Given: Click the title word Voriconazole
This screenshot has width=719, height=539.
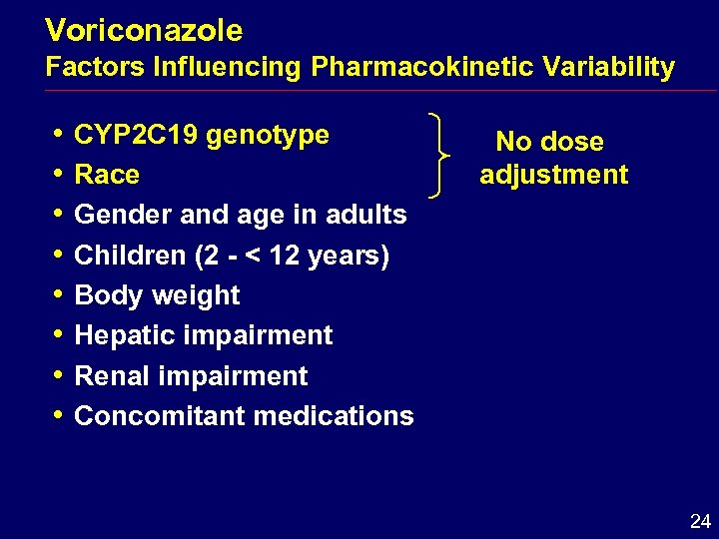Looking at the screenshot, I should [x=144, y=31].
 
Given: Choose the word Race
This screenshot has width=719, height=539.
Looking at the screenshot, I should [x=107, y=175].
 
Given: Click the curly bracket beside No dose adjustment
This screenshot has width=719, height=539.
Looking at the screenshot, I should [x=445, y=156].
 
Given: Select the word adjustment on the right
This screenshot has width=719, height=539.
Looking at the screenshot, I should [x=553, y=175].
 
